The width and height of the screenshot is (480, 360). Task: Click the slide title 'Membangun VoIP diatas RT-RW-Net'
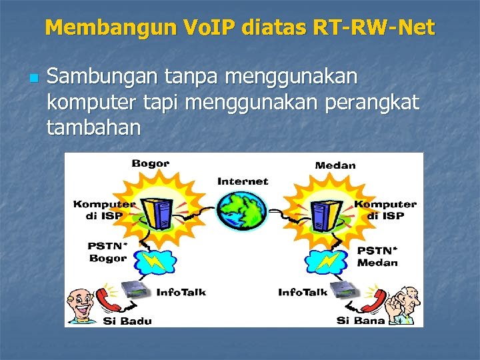point(239,27)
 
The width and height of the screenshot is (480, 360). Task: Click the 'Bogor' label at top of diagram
point(150,163)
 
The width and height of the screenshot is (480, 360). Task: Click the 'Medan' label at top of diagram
point(335,165)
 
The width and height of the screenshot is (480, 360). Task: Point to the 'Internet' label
point(243,181)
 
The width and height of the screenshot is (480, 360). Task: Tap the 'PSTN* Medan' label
point(377,256)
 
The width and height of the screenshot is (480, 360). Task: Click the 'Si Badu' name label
point(127,321)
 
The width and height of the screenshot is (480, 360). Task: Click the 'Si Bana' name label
point(360,321)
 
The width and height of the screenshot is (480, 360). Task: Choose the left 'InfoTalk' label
point(181,292)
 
